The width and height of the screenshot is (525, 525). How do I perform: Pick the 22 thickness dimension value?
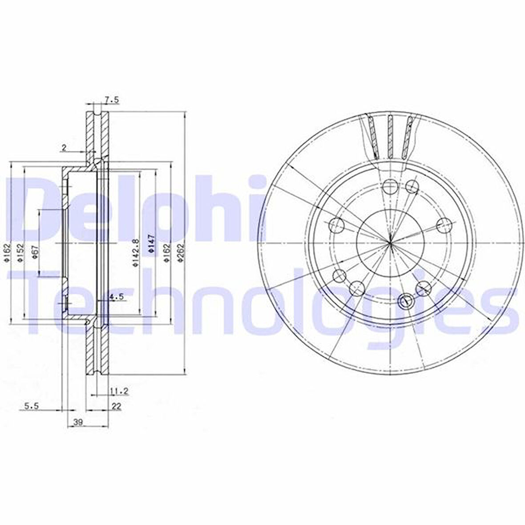[x=117, y=406]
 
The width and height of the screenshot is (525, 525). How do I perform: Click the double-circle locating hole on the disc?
[x=406, y=301]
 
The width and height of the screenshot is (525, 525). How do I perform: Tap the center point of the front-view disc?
[x=390, y=243]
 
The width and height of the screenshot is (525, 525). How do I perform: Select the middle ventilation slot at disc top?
[x=390, y=137]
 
